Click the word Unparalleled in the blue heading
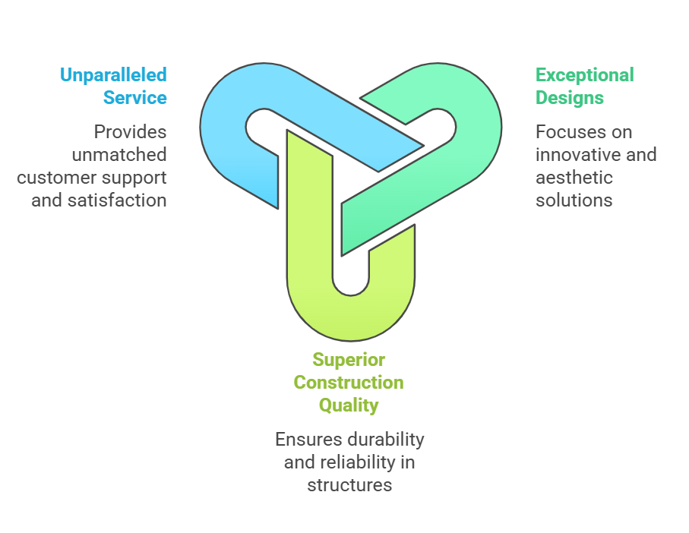click(113, 75)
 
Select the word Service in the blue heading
click(135, 98)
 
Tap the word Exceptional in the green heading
click(584, 75)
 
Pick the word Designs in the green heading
click(569, 98)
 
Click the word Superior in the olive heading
click(349, 360)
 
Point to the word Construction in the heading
click(349, 383)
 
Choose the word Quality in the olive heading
click(349, 405)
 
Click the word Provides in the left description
click(130, 132)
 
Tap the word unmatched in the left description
click(119, 155)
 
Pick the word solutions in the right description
click(574, 200)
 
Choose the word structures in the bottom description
click(349, 485)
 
